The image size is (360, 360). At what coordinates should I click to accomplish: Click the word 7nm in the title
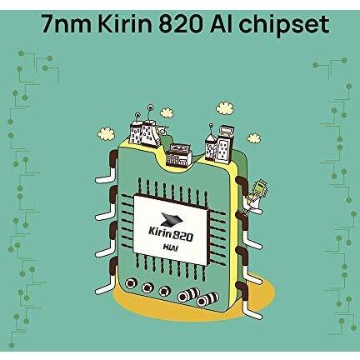67,24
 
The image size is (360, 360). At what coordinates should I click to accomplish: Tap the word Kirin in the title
126,24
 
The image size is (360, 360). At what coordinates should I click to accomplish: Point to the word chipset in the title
284,26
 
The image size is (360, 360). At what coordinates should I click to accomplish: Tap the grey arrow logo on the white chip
172,218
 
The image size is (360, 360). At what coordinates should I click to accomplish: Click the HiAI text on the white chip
170,247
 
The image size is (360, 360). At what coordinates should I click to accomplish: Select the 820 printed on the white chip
182,236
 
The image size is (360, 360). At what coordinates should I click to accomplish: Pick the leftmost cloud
106,133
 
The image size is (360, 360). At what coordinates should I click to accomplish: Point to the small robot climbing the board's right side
256,194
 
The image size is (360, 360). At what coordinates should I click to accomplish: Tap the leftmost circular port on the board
131,283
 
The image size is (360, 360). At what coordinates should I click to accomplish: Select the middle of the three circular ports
147,287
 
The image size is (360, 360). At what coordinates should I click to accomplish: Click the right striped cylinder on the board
207,299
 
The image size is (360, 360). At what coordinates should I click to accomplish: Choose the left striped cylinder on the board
189,294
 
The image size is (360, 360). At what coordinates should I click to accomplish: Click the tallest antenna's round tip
150,107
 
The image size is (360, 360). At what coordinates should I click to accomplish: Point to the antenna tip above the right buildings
211,125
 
